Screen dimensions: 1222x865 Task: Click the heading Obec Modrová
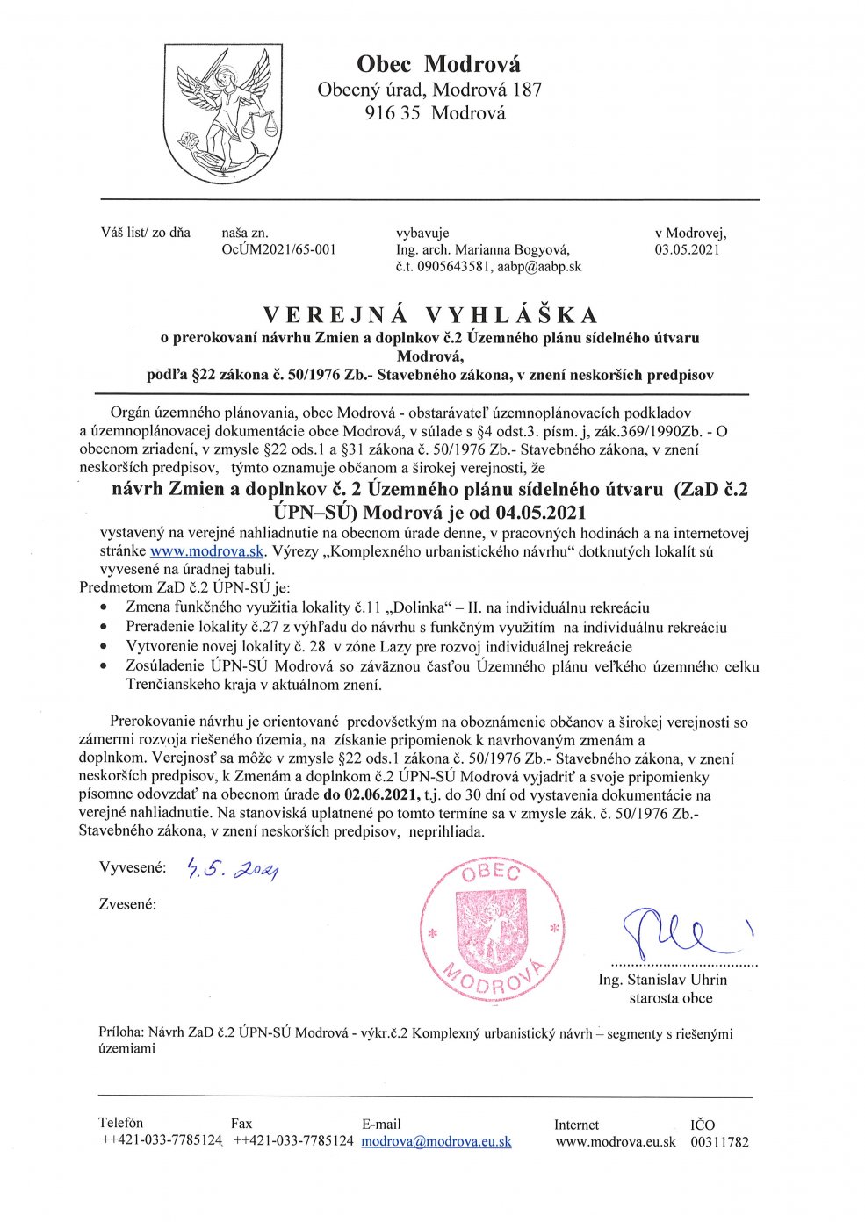coord(438,64)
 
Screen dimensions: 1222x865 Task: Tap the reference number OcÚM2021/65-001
coord(279,250)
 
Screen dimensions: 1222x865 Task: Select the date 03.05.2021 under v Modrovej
coord(687,250)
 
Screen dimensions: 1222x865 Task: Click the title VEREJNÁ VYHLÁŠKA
coord(431,315)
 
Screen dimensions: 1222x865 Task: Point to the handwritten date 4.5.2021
coord(233,870)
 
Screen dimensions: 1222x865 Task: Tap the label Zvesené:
coord(128,904)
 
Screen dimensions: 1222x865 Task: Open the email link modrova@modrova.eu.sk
coord(436,1142)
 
